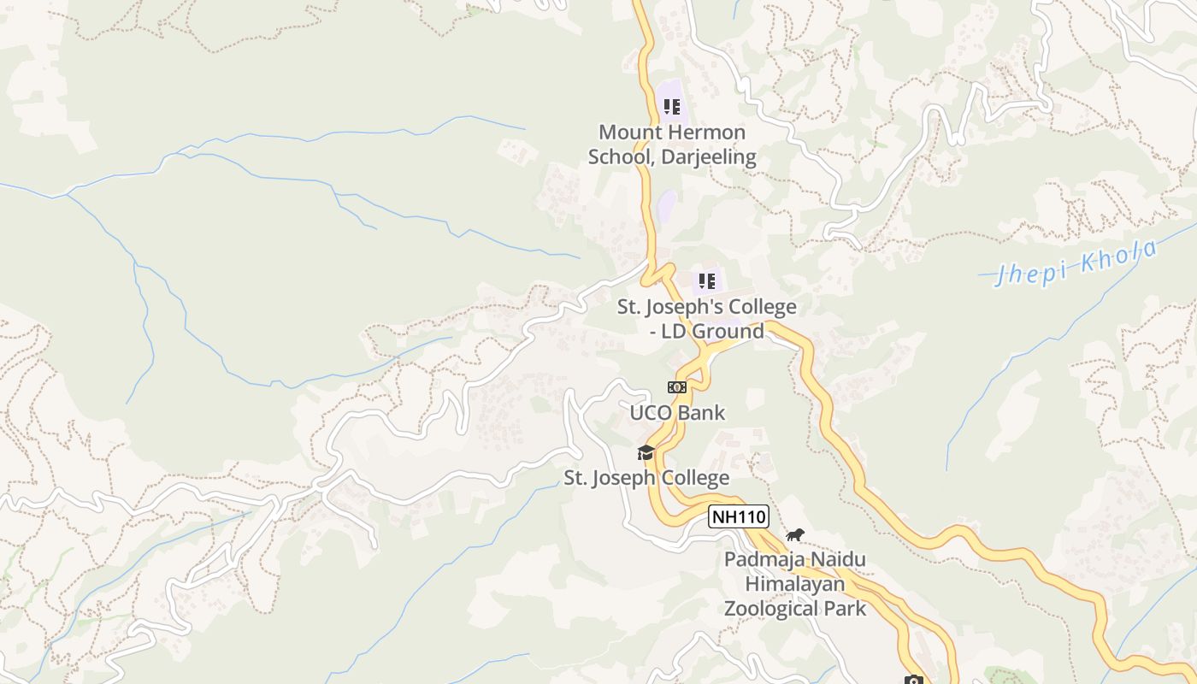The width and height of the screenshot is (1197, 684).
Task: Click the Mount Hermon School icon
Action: tap(672, 107)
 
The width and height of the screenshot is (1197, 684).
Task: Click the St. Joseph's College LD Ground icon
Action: tap(707, 280)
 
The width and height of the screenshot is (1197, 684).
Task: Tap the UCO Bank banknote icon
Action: tap(677, 387)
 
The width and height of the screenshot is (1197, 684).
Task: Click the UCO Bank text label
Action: tap(677, 413)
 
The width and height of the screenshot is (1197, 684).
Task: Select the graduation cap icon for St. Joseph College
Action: tap(646, 452)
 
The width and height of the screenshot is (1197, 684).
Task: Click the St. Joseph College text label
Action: tap(646, 478)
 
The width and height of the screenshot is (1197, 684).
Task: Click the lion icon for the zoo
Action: tap(795, 535)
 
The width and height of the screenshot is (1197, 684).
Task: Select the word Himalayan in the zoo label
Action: tap(795, 585)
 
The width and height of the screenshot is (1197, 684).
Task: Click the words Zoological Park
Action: tap(795, 609)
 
